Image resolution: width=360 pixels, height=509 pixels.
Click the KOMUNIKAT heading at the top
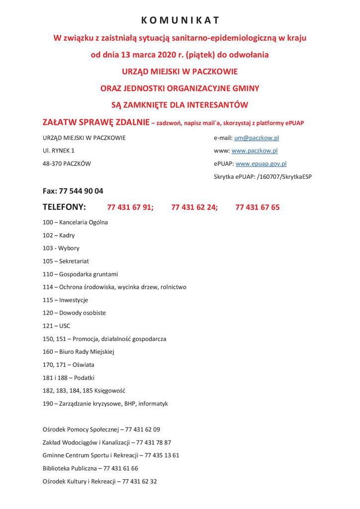pyautogui.click(x=180, y=20)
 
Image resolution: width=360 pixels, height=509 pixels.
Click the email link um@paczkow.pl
pyautogui.click(x=256, y=138)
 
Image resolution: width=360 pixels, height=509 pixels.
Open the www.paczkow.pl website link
pyautogui.click(x=254, y=151)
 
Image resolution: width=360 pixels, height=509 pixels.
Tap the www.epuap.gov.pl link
pyautogui.click(x=261, y=164)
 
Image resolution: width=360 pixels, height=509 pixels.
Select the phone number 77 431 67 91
pyautogui.click(x=130, y=207)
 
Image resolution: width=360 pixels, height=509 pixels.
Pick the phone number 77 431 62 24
pyautogui.click(x=194, y=207)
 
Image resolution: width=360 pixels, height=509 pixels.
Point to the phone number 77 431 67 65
pyautogui.click(x=257, y=207)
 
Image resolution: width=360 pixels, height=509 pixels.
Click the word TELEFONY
pyautogui.click(x=65, y=207)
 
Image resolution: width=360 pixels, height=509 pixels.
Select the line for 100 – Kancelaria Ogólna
pyautogui.click(x=75, y=222)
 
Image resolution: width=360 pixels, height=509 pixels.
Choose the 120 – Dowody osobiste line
pyautogui.click(x=74, y=313)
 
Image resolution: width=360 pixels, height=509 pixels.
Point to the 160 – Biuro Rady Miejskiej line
pyautogui.click(x=79, y=351)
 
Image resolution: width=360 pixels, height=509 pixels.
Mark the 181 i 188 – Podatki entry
pyautogui.click(x=69, y=377)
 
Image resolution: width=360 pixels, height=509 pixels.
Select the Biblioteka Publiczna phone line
pyautogui.click(x=90, y=468)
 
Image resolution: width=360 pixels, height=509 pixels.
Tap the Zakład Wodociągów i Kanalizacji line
pyautogui.click(x=107, y=442)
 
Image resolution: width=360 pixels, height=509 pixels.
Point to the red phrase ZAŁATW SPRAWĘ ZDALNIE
pyautogui.click(x=96, y=122)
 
